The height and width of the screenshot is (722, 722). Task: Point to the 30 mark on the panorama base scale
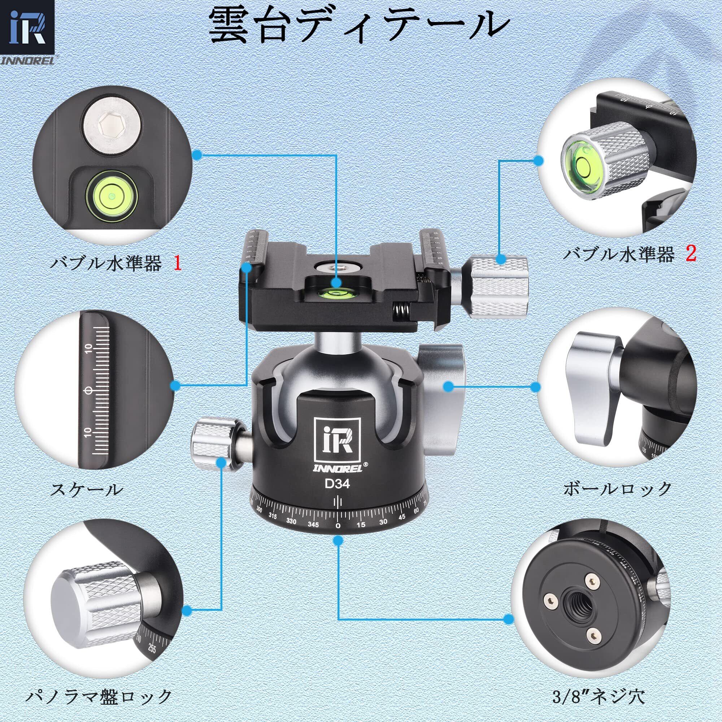383,522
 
